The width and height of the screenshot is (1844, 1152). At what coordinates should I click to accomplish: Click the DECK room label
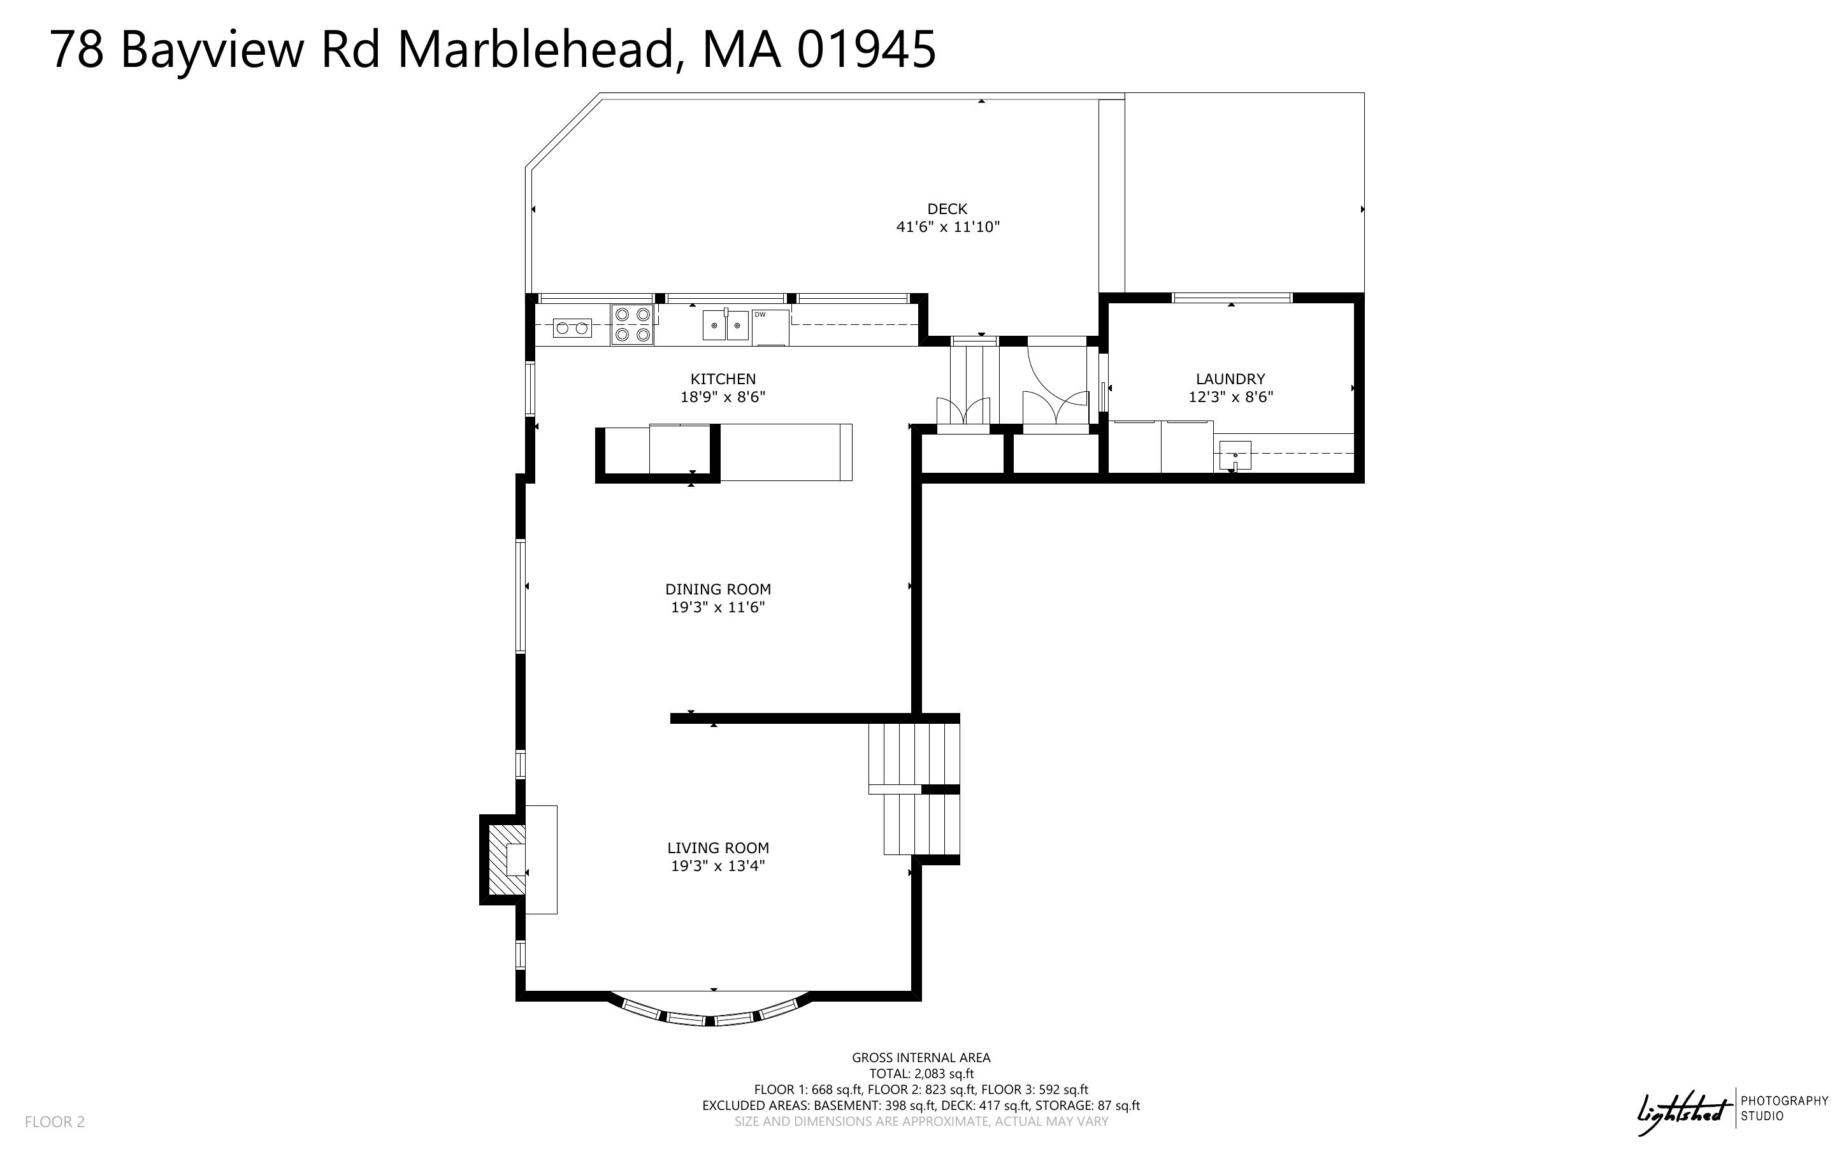point(947,209)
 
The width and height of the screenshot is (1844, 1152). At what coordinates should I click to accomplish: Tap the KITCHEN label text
point(723,378)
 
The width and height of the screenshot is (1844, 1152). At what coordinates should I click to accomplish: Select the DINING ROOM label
point(717,589)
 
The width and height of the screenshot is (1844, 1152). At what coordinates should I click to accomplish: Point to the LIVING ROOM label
point(717,848)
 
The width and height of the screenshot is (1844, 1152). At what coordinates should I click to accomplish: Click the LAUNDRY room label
point(1230,378)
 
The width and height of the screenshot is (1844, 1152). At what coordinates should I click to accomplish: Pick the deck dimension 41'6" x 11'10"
point(947,226)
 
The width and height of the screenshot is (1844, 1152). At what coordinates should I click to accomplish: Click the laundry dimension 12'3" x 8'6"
point(1230,397)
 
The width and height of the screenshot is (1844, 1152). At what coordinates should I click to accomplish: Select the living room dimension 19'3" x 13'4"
point(717,865)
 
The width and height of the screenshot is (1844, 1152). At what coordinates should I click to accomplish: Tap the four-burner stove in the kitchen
point(632,324)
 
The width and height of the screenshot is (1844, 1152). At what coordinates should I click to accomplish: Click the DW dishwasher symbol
point(770,327)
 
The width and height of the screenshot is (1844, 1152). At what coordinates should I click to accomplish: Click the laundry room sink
point(1235,456)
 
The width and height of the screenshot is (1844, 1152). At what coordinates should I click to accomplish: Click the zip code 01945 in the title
point(866,50)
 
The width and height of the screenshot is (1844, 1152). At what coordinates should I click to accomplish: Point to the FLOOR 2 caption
point(55,1121)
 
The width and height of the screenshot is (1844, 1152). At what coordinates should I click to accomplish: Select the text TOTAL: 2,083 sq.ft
point(921,1074)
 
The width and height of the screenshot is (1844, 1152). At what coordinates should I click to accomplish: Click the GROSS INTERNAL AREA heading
point(921,1058)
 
